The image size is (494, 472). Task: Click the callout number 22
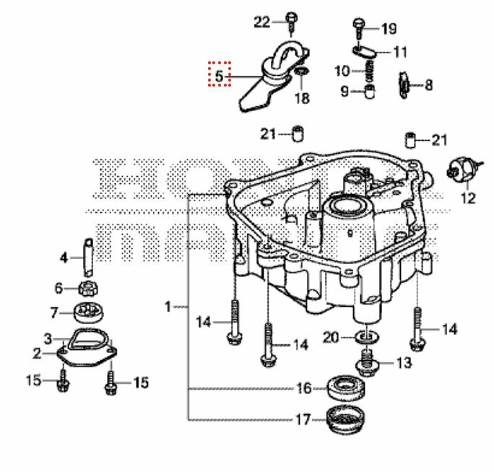(261, 22)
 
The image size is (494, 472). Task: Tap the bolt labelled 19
(359, 27)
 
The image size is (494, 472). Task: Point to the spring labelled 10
(367, 71)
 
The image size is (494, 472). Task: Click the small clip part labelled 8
(405, 84)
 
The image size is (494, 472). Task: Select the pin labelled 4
(87, 255)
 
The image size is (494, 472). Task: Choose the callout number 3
(48, 338)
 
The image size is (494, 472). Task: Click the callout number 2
(37, 353)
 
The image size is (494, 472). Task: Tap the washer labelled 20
(368, 337)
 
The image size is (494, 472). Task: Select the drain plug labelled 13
(369, 361)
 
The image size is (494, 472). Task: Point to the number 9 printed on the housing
(350, 233)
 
